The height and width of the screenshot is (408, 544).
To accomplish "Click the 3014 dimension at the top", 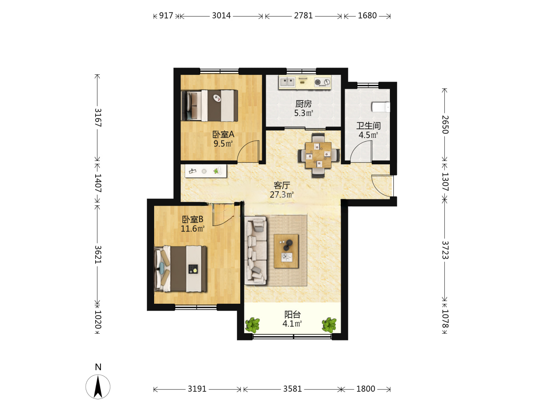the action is pos(221,16).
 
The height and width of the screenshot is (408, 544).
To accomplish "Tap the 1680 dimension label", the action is pos(367,16).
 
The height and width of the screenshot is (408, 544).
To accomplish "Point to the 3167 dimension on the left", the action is pos(98,117).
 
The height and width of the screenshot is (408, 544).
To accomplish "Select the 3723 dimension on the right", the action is pos(445,250).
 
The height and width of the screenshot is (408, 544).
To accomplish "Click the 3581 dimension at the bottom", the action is pos(292,389).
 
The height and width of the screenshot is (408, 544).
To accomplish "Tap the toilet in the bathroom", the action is pos(381,107).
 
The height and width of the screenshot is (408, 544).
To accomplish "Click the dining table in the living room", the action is pos(318,155).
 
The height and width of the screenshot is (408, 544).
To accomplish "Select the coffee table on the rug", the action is pos(286,251).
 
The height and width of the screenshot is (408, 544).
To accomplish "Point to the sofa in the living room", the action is pos(255,250).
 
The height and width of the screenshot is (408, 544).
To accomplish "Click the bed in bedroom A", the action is pos(209,105).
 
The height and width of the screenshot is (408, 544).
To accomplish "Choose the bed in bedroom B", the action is pos(180,269).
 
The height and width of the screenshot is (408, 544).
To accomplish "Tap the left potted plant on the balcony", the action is pos(252,325).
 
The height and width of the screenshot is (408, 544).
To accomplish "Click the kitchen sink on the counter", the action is pos(287,81).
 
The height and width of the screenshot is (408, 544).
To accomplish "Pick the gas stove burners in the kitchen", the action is pos(323,82).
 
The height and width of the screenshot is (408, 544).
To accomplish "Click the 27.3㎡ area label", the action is pos(281,195).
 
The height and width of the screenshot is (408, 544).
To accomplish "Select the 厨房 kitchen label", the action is pos(303,104).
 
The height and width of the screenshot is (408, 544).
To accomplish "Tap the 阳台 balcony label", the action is pos(292,315).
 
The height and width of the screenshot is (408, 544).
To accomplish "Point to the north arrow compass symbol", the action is pos(98,386).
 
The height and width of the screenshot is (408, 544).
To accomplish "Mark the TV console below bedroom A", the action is pos(206,171).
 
